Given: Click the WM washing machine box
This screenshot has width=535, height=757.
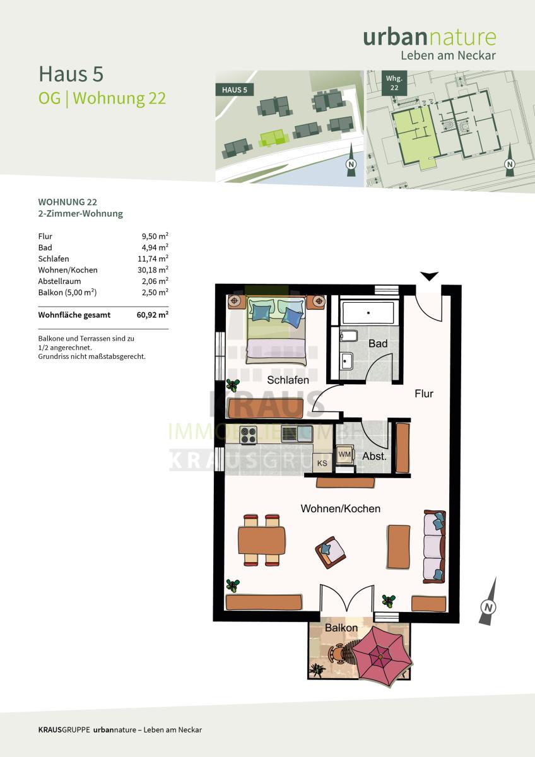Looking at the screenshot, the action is pyautogui.click(x=344, y=455).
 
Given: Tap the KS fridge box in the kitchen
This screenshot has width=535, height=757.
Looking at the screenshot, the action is pyautogui.click(x=322, y=463).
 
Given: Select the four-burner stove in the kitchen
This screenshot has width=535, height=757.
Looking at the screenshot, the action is pyautogui.click(x=249, y=435).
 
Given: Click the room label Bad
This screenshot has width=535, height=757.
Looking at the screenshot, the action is pyautogui.click(x=378, y=344).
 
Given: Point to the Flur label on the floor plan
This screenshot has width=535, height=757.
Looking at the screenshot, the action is pyautogui.click(x=424, y=394).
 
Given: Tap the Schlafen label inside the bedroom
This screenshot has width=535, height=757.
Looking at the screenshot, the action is pyautogui.click(x=288, y=380).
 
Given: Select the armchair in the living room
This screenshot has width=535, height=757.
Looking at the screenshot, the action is pyautogui.click(x=330, y=553).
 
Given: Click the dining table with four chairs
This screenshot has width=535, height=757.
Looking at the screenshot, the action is pyautogui.click(x=262, y=540).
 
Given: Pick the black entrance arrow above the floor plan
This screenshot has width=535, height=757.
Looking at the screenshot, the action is pyautogui.click(x=429, y=276).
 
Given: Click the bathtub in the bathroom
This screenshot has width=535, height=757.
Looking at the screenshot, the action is pyautogui.click(x=368, y=313).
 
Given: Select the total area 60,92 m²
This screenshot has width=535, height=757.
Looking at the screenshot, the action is pyautogui.click(x=153, y=315).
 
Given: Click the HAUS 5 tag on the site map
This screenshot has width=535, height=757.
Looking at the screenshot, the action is pyautogui.click(x=235, y=90).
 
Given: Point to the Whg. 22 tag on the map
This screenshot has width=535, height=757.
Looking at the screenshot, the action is pyautogui.click(x=394, y=83).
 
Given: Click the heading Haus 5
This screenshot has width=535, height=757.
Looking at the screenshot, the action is pyautogui.click(x=71, y=74).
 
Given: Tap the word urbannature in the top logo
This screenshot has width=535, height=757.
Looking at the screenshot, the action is pyautogui.click(x=430, y=37).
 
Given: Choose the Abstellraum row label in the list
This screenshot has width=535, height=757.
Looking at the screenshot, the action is pyautogui.click(x=59, y=281).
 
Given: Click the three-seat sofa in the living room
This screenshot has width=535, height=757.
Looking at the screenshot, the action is pyautogui.click(x=435, y=546).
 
